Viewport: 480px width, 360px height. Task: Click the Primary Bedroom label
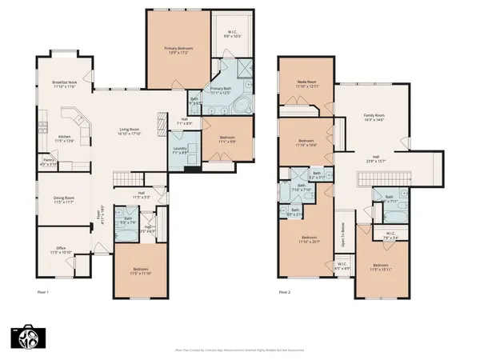[181, 48]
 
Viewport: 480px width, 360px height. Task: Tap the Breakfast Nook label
[64, 82]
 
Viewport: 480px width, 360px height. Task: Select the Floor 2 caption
[285, 293]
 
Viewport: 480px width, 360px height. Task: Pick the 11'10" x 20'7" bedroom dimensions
[310, 241]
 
